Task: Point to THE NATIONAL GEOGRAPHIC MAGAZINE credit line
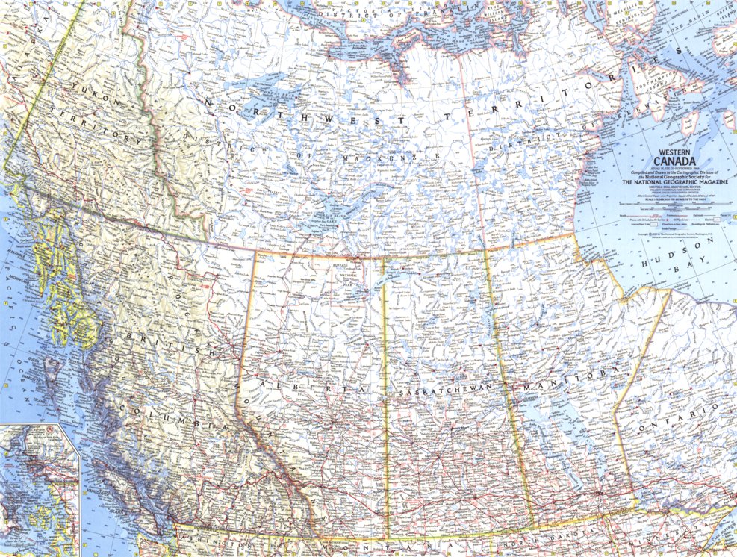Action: tap(675, 181)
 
